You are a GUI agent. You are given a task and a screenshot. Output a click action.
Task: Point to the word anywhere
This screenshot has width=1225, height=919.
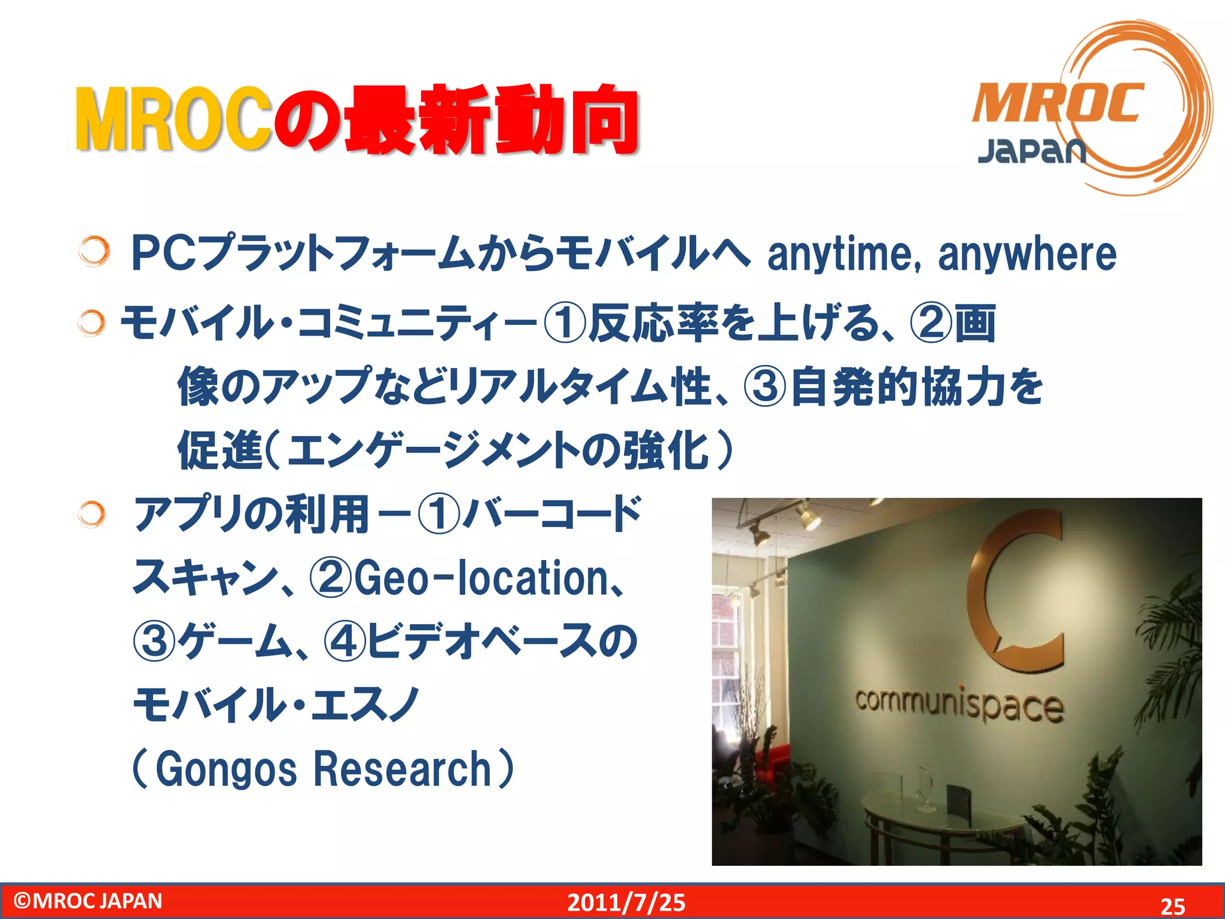click(1026, 254)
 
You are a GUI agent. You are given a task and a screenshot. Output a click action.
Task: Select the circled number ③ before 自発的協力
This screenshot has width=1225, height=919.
click(764, 387)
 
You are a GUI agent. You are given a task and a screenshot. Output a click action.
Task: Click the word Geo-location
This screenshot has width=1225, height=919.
click(481, 578)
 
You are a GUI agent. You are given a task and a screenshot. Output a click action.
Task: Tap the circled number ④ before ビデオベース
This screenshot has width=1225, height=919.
click(344, 641)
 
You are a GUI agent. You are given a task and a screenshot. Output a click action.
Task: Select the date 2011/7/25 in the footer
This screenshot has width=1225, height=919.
click(626, 902)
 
